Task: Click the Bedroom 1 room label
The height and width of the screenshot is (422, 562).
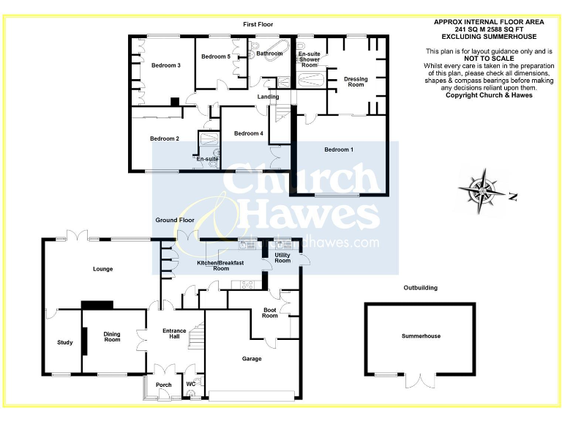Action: click(x=339, y=150)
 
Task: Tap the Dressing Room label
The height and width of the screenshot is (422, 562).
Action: click(x=356, y=81)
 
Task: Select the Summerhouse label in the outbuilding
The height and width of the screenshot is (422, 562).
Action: click(x=421, y=336)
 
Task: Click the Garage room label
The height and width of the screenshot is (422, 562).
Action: click(x=252, y=359)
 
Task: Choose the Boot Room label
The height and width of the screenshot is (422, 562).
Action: click(x=270, y=313)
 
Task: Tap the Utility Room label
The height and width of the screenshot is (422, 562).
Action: click(x=282, y=258)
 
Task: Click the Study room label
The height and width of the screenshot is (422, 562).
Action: click(x=65, y=342)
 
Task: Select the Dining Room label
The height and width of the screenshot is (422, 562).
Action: click(x=112, y=336)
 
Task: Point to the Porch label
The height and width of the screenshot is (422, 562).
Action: click(x=164, y=385)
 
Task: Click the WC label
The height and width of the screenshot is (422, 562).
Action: click(x=190, y=383)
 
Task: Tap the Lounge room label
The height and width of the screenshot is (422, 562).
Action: click(x=102, y=269)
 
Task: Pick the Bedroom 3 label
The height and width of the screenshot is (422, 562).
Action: click(x=166, y=65)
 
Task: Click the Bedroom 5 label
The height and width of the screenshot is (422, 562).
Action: click(x=216, y=56)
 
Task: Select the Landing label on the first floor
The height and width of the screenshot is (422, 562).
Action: click(x=267, y=97)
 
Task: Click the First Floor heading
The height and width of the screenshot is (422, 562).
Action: click(x=258, y=24)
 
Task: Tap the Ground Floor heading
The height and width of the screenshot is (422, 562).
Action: click(x=175, y=220)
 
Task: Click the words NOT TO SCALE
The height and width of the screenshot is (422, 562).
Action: click(x=479, y=59)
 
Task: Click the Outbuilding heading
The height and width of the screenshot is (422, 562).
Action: click(x=421, y=288)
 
